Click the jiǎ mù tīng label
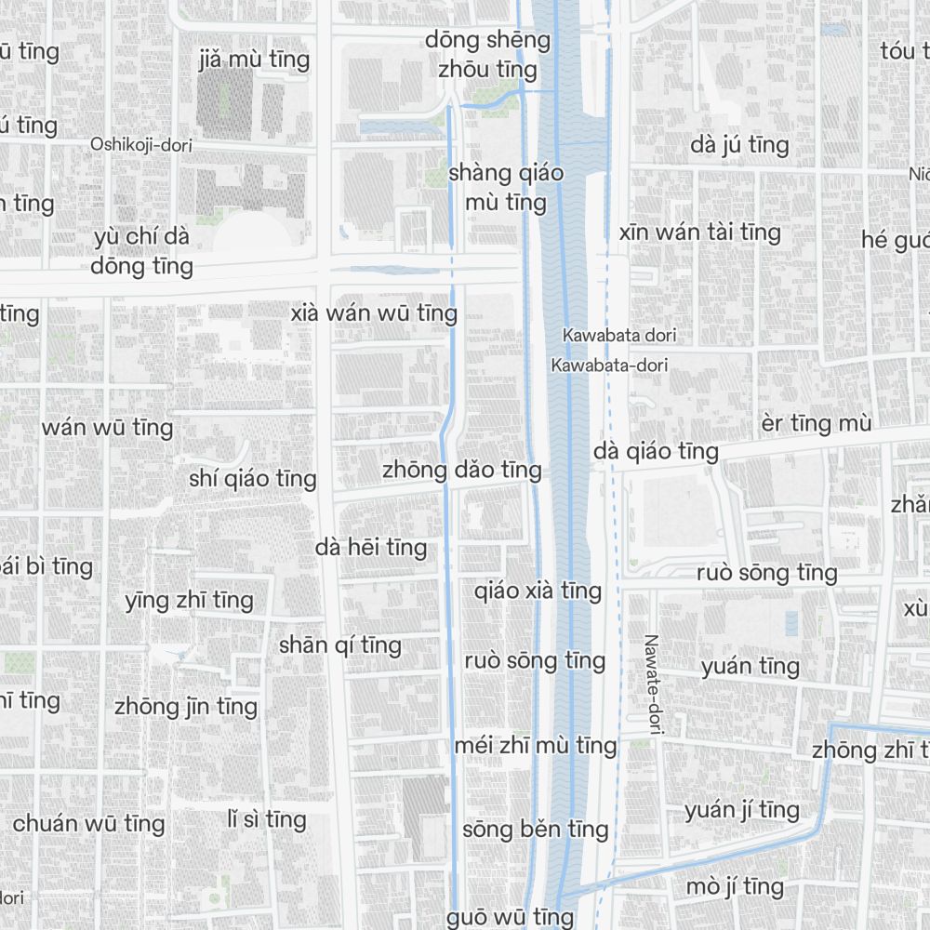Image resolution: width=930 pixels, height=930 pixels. point(254,60)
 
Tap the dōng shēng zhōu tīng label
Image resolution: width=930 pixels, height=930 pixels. point(488,55)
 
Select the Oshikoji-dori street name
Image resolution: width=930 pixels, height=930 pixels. point(134,144)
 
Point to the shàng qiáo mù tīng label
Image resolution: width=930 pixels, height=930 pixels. point(497,187)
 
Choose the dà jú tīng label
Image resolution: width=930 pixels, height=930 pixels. point(740,145)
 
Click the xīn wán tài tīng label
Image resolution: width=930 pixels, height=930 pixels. point(700,232)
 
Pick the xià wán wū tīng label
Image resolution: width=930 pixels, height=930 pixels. point(374,313)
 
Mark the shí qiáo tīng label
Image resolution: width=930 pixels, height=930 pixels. point(253,479)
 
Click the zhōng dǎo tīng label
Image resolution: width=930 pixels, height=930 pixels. point(461,470)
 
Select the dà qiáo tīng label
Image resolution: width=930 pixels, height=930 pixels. point(657,451)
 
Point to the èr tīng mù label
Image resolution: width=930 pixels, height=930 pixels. point(816,424)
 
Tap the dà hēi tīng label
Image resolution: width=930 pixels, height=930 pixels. point(371,548)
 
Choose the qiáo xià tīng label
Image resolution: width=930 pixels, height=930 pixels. point(538,591)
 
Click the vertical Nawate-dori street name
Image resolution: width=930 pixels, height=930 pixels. point(651,686)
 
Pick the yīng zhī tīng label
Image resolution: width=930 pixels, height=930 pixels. point(189,601)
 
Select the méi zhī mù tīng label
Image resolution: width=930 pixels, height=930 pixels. point(536,745)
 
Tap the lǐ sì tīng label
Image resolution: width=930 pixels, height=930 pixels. point(267,819)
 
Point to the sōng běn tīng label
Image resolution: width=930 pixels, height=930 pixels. point(536,829)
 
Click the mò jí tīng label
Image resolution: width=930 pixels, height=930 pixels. point(735,887)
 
